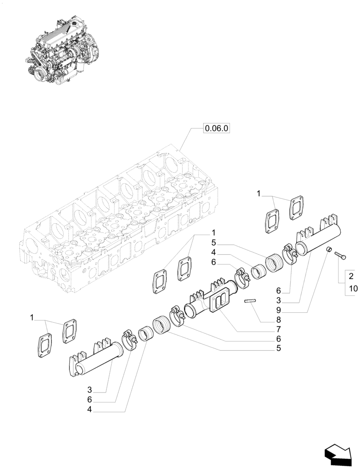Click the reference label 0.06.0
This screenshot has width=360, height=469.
216,128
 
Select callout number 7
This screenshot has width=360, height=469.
278,328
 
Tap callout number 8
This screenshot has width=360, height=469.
278,319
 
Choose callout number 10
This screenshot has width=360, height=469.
352,288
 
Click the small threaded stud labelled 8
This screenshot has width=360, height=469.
252,302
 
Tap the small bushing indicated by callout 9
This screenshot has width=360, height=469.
329,250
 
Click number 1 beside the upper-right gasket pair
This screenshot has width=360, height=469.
258,193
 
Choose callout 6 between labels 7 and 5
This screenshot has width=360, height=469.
278,338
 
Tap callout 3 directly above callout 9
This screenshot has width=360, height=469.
278,300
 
